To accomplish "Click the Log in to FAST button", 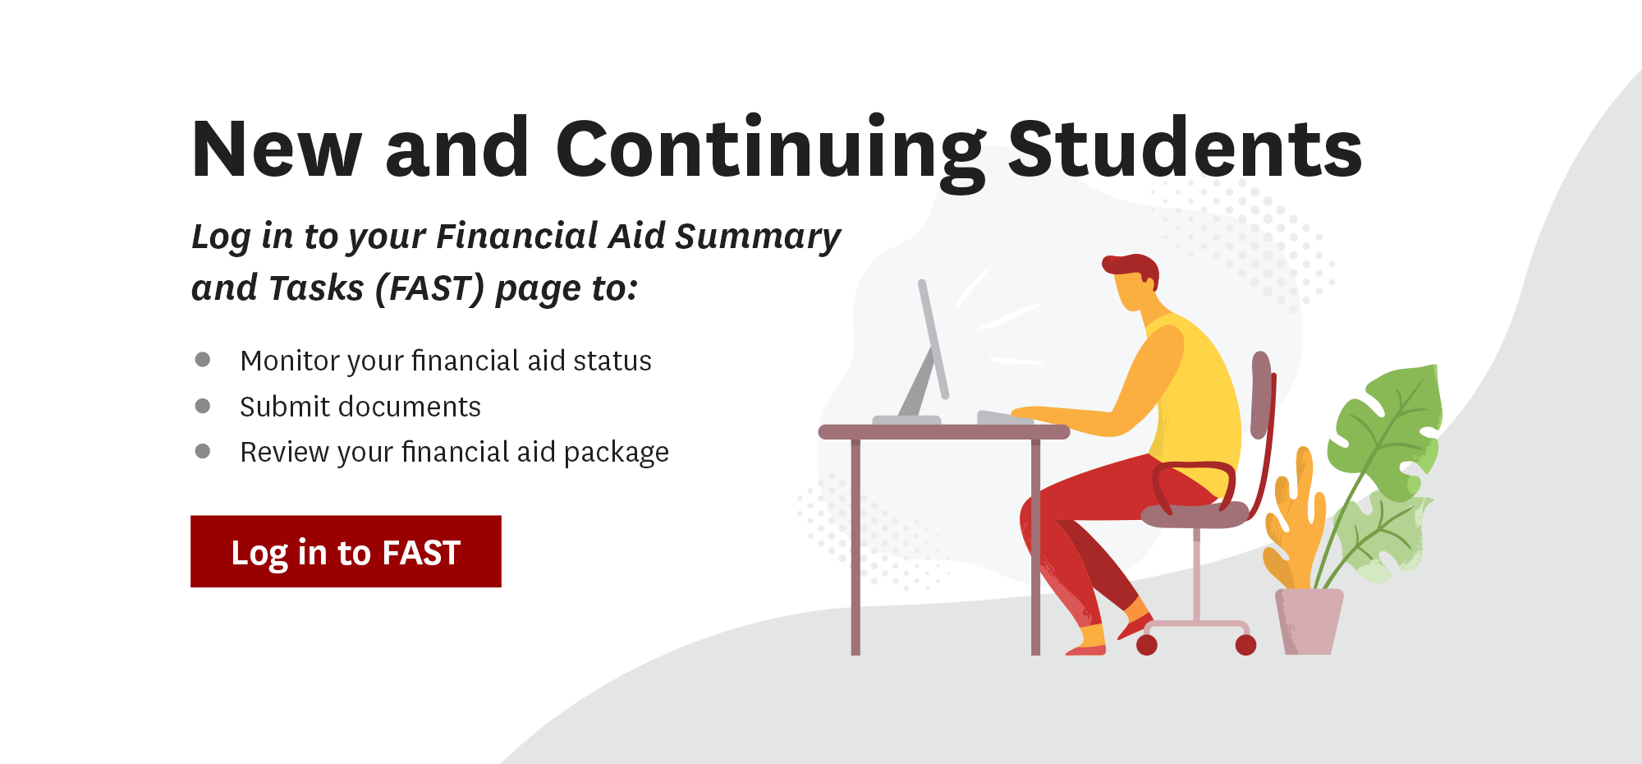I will (346, 551).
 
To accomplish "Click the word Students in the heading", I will (1185, 150).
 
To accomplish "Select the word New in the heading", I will (276, 150).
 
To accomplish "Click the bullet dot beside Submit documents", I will (203, 406).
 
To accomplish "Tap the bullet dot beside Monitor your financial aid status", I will (203, 359).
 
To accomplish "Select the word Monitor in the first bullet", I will (290, 361).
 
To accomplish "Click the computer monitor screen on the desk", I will (933, 337).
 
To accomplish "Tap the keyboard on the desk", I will (1004, 417).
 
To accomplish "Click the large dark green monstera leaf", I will (1387, 427).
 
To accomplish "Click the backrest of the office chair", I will (1261, 394).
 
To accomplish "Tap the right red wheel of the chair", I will (1245, 645).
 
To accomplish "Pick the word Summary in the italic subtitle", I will (758, 237).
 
